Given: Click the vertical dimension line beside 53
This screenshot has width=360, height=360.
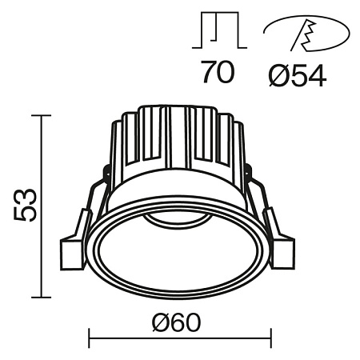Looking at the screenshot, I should pos(41,206).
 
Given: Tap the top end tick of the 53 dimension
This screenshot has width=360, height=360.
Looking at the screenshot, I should pos(41,116).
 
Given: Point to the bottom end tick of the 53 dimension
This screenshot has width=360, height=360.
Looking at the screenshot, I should pos(41,296).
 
